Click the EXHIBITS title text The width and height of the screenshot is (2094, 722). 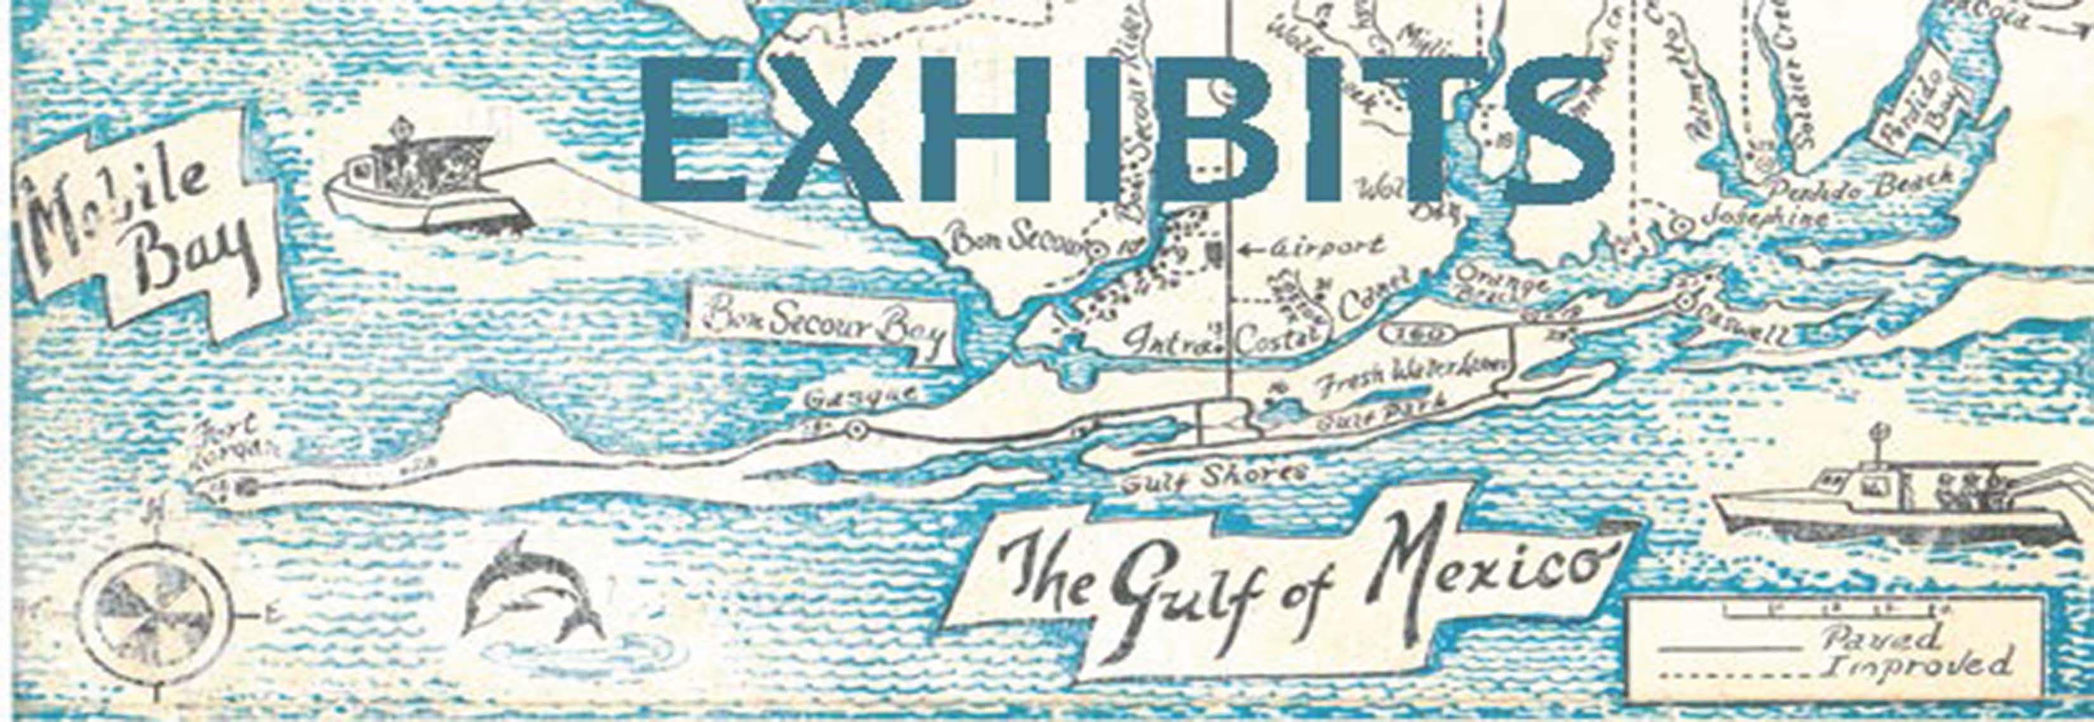[1126, 130]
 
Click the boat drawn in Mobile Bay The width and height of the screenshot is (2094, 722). [423, 187]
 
